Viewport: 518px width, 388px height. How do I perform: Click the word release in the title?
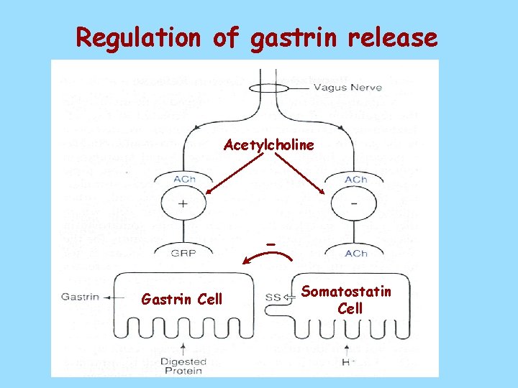(392, 37)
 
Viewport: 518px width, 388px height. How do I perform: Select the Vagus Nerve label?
(342, 88)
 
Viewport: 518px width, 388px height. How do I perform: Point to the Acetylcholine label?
(269, 145)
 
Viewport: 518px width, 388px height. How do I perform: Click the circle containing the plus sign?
(183, 203)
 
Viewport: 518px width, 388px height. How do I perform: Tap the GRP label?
(183, 253)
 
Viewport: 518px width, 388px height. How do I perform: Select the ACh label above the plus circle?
(183, 179)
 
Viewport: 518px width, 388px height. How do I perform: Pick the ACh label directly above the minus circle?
(356, 179)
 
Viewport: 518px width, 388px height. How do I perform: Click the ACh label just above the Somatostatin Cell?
(356, 253)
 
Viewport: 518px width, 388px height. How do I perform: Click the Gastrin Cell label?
(182, 299)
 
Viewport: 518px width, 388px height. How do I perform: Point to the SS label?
(273, 297)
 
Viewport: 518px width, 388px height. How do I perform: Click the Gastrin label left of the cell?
(76, 296)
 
